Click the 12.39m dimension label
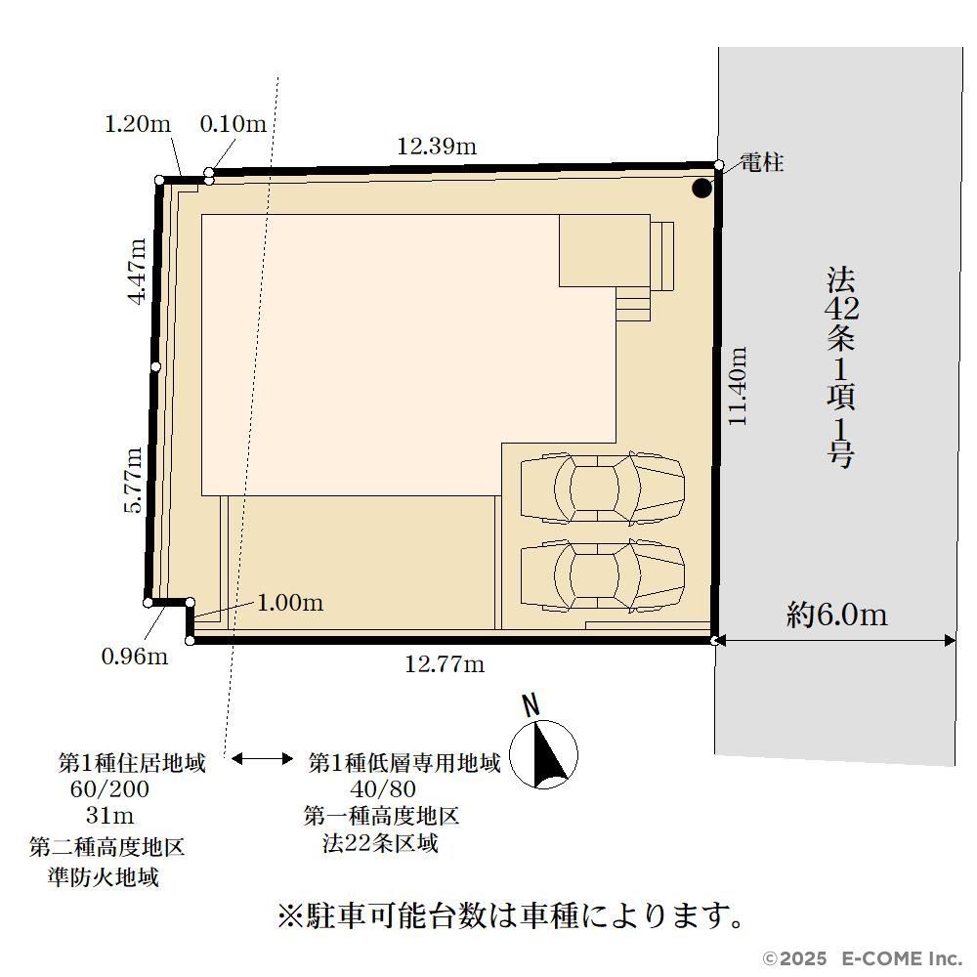(437, 146)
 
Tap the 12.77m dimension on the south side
(445, 664)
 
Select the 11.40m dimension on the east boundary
(738, 386)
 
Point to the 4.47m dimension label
(137, 271)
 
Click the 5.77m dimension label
(133, 480)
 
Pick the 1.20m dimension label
(137, 124)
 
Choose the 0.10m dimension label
(234, 123)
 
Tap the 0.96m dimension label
(135, 657)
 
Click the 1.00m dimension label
(290, 603)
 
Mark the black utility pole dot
(701, 189)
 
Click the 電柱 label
(761, 162)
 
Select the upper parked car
(603, 488)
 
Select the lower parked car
(603, 574)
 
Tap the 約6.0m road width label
(836, 615)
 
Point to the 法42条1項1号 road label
(840, 367)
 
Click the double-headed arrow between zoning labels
(262, 758)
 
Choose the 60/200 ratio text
(109, 788)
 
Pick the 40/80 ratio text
(383, 788)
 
